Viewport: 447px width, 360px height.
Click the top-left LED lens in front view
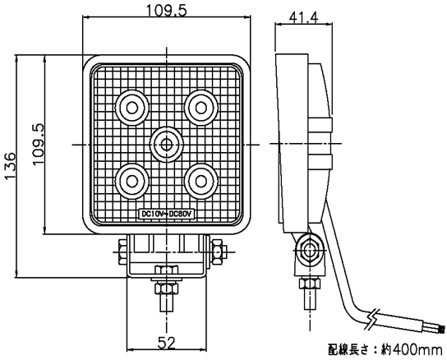tap(132, 108)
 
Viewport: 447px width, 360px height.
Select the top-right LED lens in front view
tap(201, 108)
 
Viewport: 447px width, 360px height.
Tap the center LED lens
tap(166, 145)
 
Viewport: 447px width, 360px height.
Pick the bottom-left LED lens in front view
tap(132, 181)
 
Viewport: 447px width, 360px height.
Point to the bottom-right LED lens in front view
tap(201, 181)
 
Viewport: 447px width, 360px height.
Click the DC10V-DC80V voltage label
tap(166, 214)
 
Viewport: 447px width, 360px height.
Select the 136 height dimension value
tap(10, 166)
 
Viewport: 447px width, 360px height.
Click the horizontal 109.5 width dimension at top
tap(167, 11)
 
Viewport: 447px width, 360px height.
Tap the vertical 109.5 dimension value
tap(39, 144)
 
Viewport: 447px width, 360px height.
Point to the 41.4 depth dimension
tap(303, 18)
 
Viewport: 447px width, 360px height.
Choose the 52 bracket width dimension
tap(167, 343)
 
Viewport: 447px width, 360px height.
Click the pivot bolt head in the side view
tap(309, 251)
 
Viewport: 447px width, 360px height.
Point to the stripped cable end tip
tap(442, 330)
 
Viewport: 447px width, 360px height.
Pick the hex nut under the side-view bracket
tap(309, 284)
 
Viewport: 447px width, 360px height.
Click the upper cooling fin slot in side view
tap(320, 125)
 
